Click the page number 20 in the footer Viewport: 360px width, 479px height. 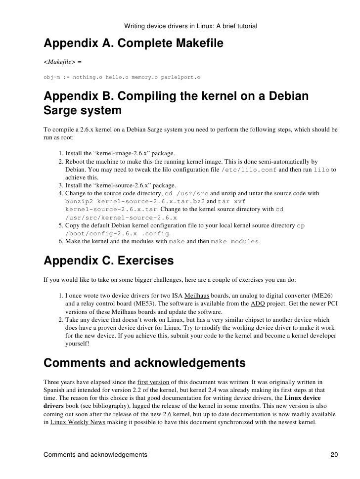[x=334, y=454]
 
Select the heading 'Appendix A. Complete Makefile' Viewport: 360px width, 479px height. [x=134, y=44]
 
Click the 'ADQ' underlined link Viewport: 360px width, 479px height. [x=258, y=304]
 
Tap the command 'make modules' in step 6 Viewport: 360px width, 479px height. [x=235, y=241]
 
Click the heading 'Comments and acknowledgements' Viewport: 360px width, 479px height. [x=144, y=363]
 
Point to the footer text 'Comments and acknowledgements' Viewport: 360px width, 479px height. [x=95, y=454]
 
